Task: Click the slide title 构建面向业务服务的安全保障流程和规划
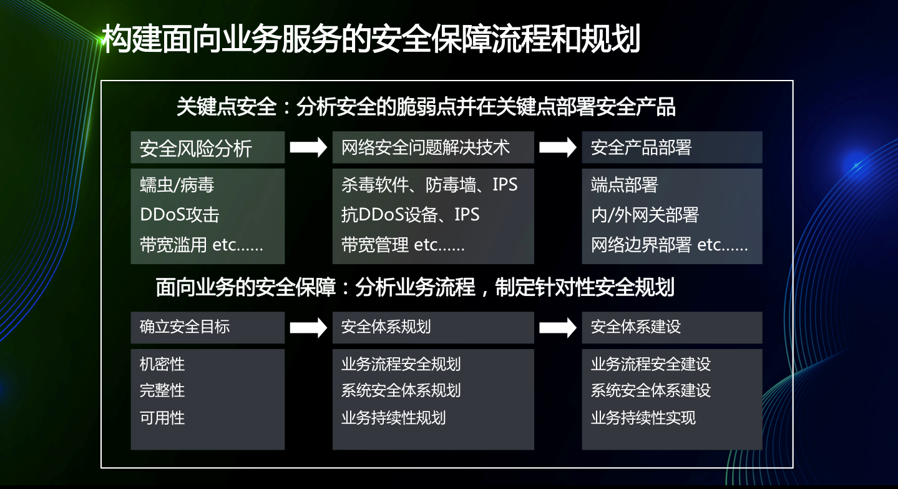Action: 371,39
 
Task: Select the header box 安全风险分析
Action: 208,147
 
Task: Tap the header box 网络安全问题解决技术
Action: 433,147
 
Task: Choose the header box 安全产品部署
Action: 672,147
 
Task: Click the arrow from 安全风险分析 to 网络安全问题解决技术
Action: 308,147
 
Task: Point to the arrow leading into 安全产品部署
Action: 558,147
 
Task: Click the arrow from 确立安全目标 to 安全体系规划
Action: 308,328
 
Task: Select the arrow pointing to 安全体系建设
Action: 558,328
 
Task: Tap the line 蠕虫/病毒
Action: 177,185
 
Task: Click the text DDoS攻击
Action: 180,215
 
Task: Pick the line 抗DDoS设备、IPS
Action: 410,215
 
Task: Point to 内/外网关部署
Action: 645,215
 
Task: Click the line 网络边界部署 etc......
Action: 669,245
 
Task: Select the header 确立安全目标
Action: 185,327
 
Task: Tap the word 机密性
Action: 162,364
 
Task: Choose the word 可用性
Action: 162,418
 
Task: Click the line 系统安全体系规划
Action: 401,390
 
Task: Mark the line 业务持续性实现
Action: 643,418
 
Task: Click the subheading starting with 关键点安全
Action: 426,107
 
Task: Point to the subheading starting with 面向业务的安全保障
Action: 415,287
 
